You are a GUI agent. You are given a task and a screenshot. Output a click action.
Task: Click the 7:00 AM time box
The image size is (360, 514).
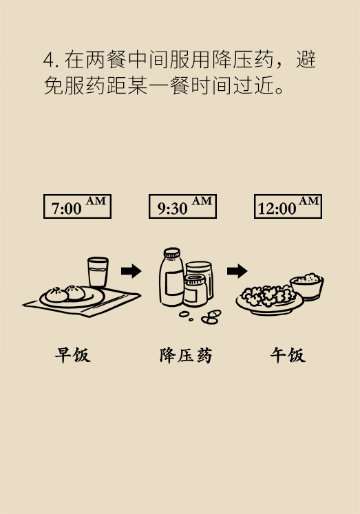77,206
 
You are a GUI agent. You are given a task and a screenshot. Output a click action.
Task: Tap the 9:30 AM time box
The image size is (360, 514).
182,206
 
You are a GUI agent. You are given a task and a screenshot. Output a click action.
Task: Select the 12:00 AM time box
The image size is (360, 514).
288,206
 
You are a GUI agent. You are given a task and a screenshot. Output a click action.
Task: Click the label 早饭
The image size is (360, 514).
72,355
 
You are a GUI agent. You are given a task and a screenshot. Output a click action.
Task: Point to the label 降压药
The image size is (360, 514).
186,355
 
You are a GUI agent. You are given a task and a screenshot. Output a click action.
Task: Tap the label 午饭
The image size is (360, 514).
288,355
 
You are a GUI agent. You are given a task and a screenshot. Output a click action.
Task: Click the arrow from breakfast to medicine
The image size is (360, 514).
131,271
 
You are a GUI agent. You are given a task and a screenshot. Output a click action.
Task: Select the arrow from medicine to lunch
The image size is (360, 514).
237,271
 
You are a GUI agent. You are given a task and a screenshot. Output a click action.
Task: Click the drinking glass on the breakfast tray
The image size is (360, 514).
98,272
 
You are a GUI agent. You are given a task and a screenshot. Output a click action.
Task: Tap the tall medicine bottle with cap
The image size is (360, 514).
171,277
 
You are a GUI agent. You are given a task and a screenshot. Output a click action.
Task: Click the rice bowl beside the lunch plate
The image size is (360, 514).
306,286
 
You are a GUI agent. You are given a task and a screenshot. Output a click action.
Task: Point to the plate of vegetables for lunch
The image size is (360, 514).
269,300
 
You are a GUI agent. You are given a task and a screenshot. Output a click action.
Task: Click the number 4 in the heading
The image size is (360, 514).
48,60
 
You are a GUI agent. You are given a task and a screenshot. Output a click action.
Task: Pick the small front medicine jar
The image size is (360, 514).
195,290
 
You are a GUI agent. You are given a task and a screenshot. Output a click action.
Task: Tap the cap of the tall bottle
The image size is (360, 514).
172,253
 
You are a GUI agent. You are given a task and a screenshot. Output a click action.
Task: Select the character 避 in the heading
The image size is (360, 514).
306,60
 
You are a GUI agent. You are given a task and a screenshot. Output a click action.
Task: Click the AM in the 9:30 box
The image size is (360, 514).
202,201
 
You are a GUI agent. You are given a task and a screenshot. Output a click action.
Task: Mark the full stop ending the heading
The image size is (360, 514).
279,90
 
